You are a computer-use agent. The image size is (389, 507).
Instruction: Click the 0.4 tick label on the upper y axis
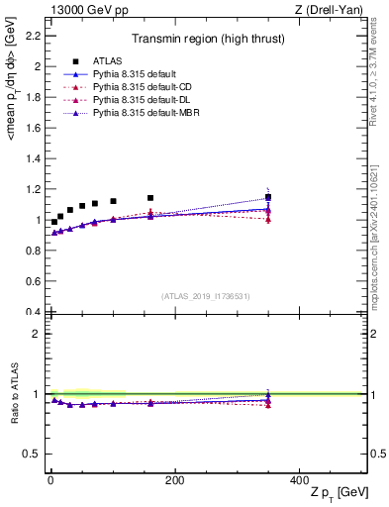32,312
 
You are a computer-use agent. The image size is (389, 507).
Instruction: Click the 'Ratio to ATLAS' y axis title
14,394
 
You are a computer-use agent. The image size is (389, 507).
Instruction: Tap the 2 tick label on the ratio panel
36,334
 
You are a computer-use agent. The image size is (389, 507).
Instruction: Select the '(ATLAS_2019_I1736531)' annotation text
207,296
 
